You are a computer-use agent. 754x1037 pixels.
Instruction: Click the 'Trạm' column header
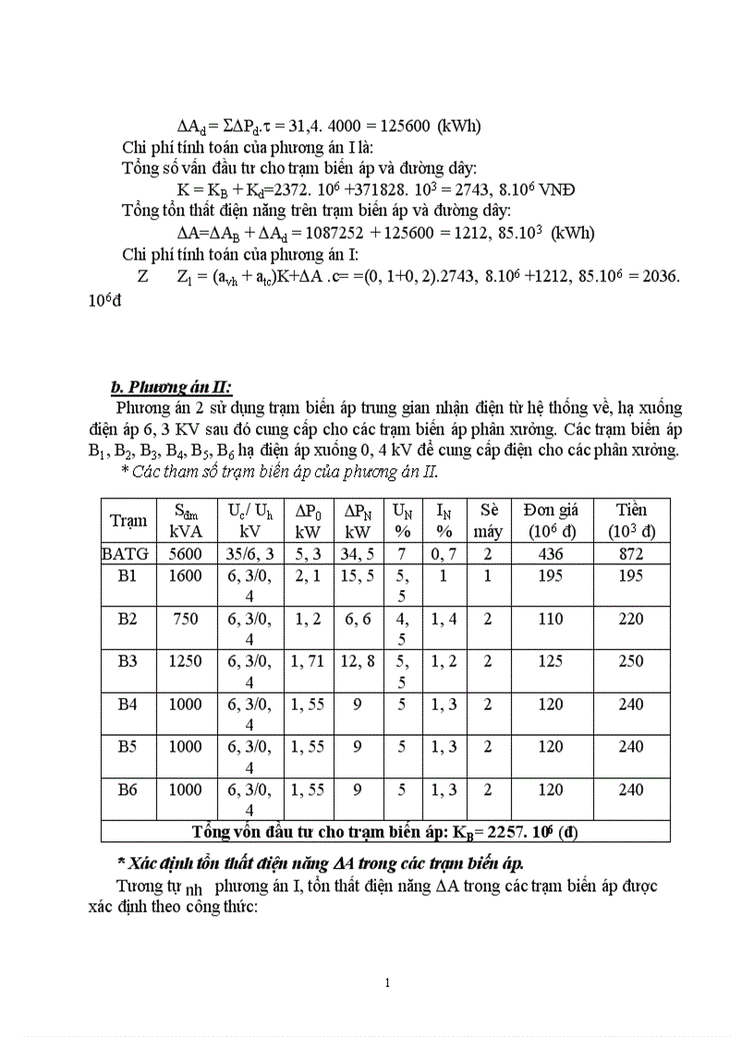pyautogui.click(x=128, y=521)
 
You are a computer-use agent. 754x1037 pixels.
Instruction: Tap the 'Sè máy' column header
pyautogui.click(x=487, y=521)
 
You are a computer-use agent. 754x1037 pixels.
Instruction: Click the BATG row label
pyautogui.click(x=128, y=554)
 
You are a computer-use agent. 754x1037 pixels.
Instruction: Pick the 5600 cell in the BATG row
pyautogui.click(x=185, y=554)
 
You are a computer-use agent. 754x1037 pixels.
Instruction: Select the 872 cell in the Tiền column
pyautogui.click(x=631, y=554)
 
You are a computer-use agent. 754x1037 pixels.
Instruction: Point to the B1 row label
pyautogui.click(x=128, y=576)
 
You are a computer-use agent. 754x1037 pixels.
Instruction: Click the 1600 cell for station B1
pyautogui.click(x=185, y=576)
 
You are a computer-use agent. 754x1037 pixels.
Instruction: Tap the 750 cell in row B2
pyautogui.click(x=185, y=620)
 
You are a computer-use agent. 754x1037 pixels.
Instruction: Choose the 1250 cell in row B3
pyautogui.click(x=185, y=661)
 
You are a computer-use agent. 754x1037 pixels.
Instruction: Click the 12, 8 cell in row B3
pyautogui.click(x=358, y=661)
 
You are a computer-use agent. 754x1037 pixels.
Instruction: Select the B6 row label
pyautogui.click(x=128, y=790)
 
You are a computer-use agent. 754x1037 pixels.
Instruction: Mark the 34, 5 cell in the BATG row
pyautogui.click(x=358, y=554)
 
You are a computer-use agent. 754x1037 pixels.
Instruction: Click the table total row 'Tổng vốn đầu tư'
pyautogui.click(x=384, y=831)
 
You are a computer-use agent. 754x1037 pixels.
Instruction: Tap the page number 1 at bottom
pyautogui.click(x=387, y=983)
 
